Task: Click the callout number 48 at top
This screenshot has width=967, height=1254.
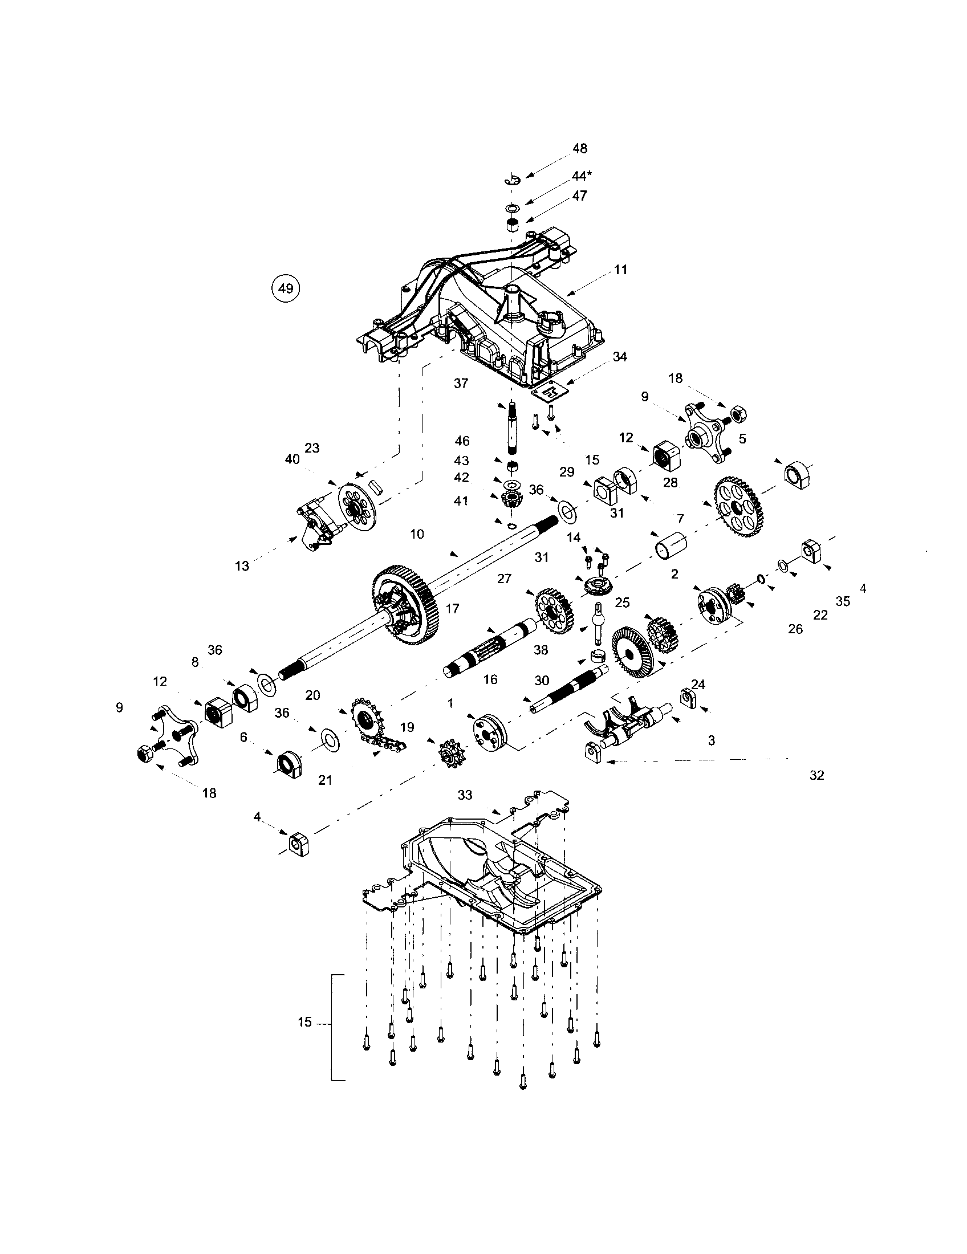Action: pos(580,148)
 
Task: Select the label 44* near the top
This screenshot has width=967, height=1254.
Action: pos(581,176)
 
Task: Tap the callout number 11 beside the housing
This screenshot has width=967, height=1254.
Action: pos(620,269)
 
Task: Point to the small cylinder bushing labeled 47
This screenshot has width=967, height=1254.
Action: pos(513,225)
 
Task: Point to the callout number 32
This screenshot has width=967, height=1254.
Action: pos(816,775)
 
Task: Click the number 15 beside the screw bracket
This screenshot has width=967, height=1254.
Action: pos(305,1021)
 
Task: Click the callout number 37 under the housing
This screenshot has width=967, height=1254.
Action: pos(461,383)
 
